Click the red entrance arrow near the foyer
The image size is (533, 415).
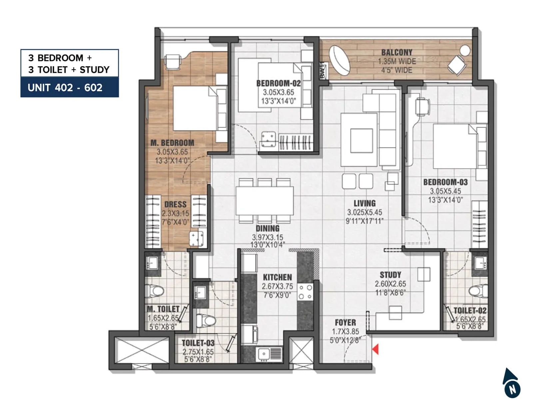375,349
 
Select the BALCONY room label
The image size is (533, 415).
396,53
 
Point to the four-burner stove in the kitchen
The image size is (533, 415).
305,292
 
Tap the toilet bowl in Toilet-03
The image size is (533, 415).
206,321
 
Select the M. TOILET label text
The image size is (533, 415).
163,309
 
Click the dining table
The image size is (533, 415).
265,201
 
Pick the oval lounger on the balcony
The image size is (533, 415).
339,61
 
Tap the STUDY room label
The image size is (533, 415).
390,275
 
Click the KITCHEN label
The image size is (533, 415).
277,277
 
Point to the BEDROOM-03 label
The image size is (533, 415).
445,183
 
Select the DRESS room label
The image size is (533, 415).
175,205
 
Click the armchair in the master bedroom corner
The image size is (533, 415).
173,62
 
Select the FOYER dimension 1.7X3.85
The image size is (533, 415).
345,332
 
